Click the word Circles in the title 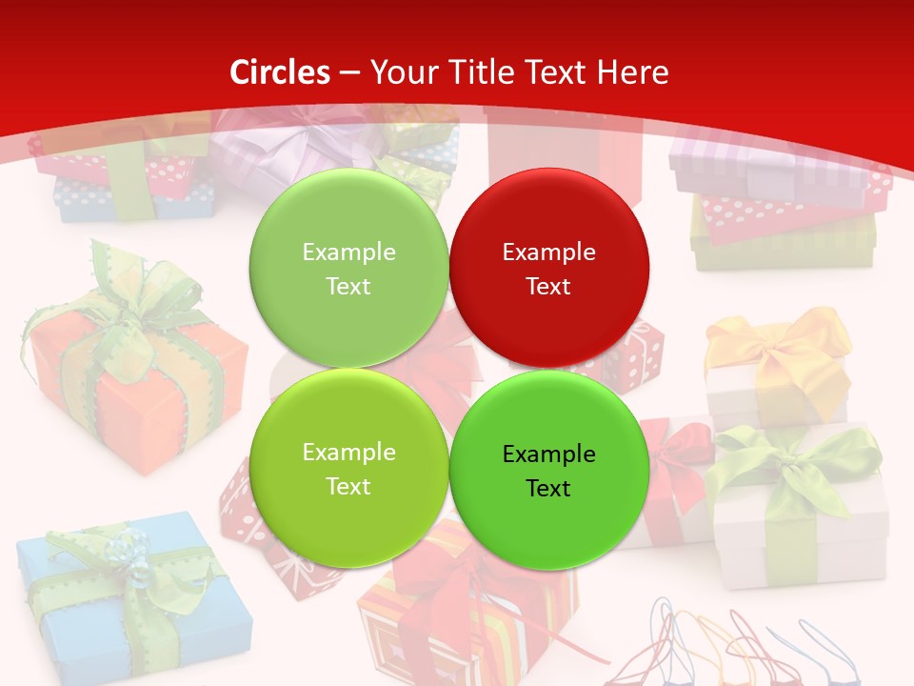tap(280, 72)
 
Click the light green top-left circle tap(348, 268)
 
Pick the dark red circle tap(548, 268)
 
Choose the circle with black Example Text tap(548, 470)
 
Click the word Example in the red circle tap(548, 252)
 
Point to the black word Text tap(547, 489)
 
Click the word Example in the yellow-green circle tap(348, 453)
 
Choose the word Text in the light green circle tap(348, 287)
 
